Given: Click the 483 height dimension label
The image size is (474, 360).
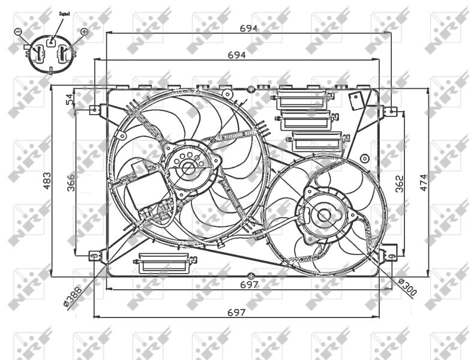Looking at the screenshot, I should coord(47,179).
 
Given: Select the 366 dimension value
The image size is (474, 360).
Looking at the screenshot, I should coord(71,182).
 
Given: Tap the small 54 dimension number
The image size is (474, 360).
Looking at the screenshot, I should coord(70,99).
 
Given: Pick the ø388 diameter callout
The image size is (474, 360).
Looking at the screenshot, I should coord(77,295).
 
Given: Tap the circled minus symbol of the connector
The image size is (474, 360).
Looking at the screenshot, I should coord(19,31).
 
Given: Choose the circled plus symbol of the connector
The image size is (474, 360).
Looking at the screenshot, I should coord(83,31).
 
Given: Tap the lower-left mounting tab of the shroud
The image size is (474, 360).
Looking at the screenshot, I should coord(94,256).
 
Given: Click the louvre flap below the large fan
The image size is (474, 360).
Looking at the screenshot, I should coord(167,263).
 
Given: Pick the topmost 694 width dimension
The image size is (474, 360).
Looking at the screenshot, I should coord(248,28).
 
